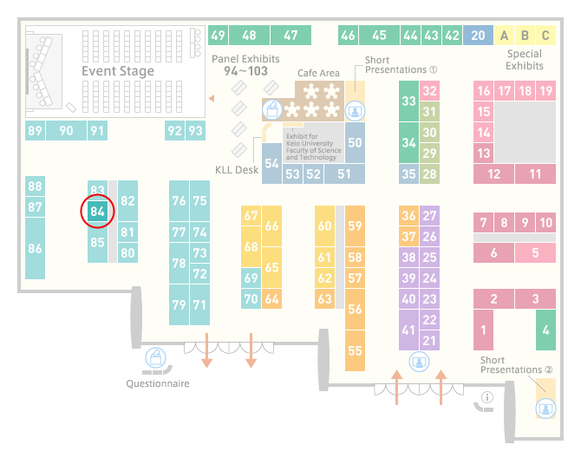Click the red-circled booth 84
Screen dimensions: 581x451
tap(97, 212)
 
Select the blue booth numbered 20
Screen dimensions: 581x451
tap(478, 36)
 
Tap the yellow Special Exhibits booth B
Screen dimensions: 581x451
tap(525, 36)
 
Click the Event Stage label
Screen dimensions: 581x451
tap(118, 70)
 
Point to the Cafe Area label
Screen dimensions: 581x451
tap(318, 73)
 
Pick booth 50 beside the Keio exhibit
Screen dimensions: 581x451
tap(355, 143)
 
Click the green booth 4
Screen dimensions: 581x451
tap(545, 330)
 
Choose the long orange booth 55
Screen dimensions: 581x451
tap(355, 350)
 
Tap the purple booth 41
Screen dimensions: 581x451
tap(408, 330)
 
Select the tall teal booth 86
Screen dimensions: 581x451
tap(35, 248)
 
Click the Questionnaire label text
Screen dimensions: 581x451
tap(158, 383)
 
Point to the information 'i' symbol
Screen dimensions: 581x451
tap(486, 397)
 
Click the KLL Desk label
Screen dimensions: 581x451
tap(237, 170)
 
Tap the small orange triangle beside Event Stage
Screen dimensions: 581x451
tap(212, 98)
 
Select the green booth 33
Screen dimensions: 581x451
tap(408, 101)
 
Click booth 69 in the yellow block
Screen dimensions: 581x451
tap(251, 278)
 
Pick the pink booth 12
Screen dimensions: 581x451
tap(493, 173)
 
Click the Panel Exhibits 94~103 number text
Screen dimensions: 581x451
tap(245, 71)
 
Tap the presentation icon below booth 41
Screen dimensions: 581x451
tap(419, 362)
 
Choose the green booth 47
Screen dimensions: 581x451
tap(290, 36)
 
